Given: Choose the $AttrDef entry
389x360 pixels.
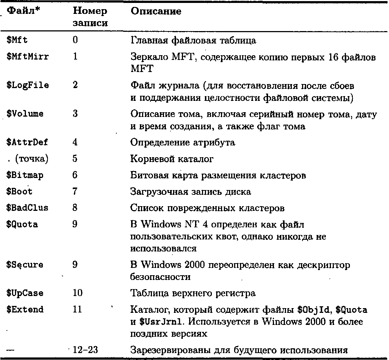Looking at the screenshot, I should click(x=27, y=142).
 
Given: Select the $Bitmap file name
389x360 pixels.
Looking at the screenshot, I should click(x=25, y=175).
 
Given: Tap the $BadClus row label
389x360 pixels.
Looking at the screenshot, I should click(x=27, y=208).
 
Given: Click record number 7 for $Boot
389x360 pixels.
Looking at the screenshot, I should click(x=75, y=192).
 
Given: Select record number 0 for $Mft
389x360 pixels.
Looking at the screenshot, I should click(x=75, y=40).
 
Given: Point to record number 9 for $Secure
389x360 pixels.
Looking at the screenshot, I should click(x=75, y=265).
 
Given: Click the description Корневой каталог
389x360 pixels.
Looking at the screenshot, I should click(x=172, y=159).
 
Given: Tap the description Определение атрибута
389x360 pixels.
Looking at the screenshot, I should click(x=183, y=142).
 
